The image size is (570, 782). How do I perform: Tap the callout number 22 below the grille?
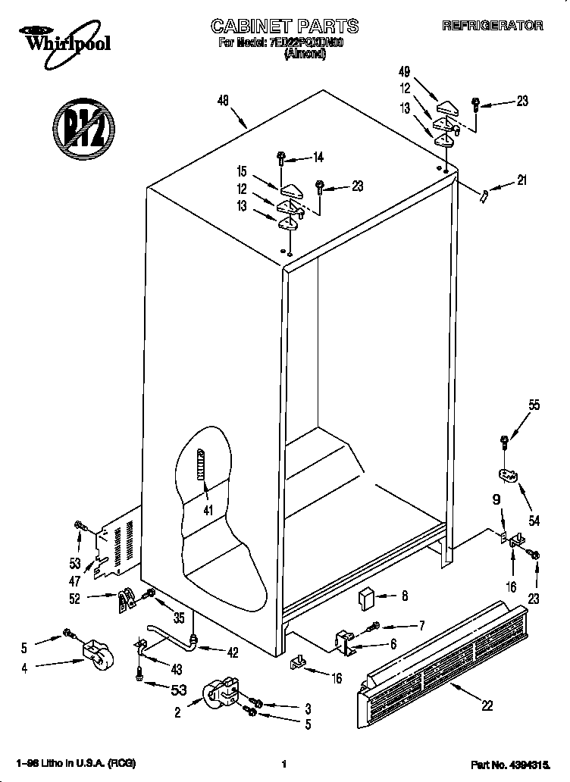[487, 705]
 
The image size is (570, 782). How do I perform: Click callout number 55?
[534, 405]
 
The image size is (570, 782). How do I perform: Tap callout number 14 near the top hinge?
[318, 158]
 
